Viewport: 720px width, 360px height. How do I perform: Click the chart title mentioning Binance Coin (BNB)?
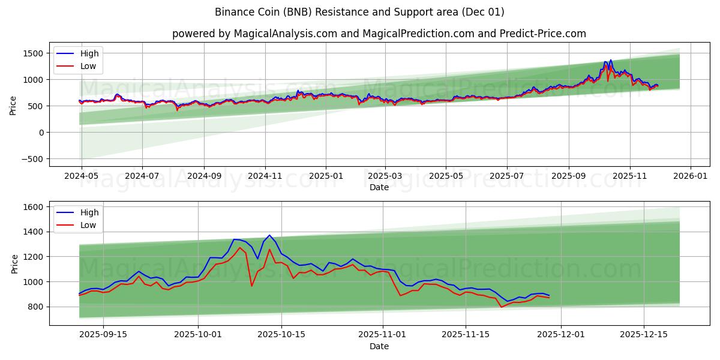click(359, 12)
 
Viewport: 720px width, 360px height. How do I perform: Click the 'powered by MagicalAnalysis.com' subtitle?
click(379, 34)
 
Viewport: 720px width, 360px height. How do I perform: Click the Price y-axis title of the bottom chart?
click(14, 263)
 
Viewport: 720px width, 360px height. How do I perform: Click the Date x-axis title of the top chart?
click(379, 187)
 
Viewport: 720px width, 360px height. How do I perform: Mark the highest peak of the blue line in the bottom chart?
click(269, 235)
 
